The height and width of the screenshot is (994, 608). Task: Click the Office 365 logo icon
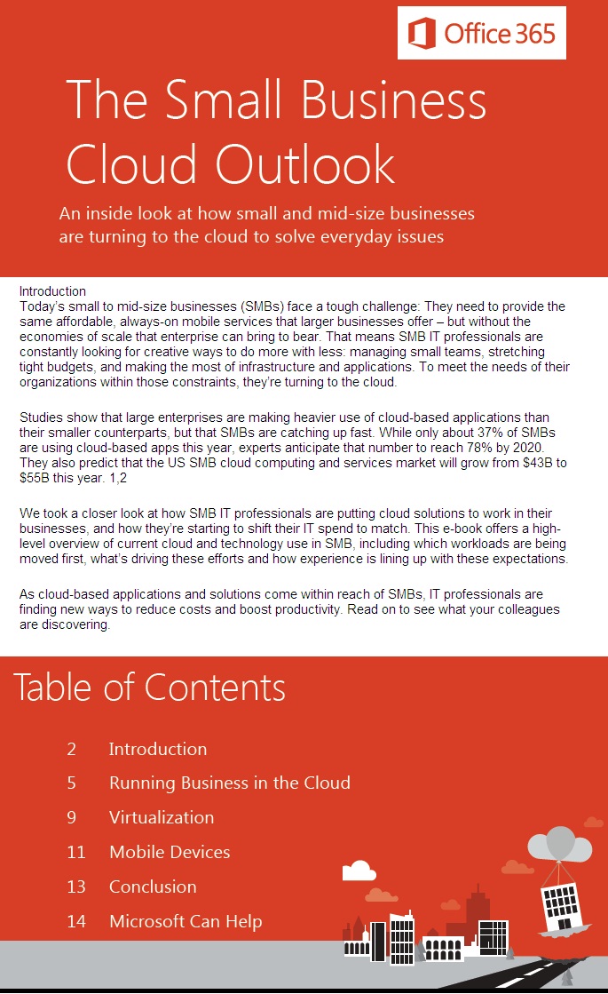(422, 34)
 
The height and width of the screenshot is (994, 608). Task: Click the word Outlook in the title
(306, 165)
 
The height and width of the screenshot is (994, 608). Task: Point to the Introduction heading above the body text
(52, 290)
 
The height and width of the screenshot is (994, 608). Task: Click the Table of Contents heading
(149, 687)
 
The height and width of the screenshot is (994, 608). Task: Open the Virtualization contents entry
(162, 817)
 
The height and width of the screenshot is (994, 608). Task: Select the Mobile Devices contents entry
(170, 852)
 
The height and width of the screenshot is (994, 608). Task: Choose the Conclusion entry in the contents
(153, 887)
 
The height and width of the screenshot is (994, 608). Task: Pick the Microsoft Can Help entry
(186, 921)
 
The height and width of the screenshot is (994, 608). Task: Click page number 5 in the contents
(71, 783)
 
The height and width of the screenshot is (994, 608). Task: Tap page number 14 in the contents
(76, 921)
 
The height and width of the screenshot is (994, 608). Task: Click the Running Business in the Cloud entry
(230, 783)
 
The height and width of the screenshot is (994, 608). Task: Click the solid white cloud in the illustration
(359, 870)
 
